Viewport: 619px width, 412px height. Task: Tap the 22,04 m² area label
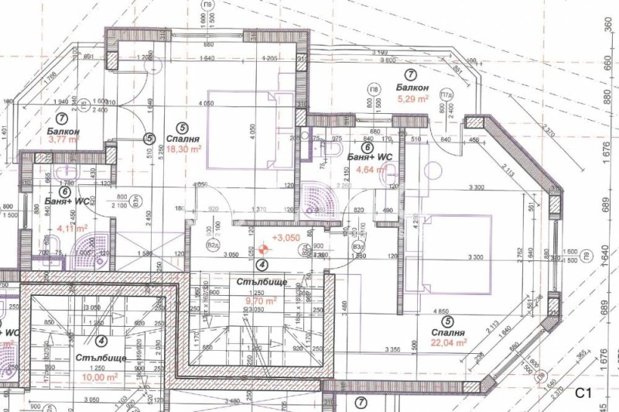point(450,342)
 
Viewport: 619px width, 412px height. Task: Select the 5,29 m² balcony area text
point(412,100)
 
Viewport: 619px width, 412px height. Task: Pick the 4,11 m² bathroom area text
point(74,229)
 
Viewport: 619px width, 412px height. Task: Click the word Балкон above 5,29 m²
point(412,88)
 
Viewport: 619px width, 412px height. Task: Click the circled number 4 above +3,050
point(262,264)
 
